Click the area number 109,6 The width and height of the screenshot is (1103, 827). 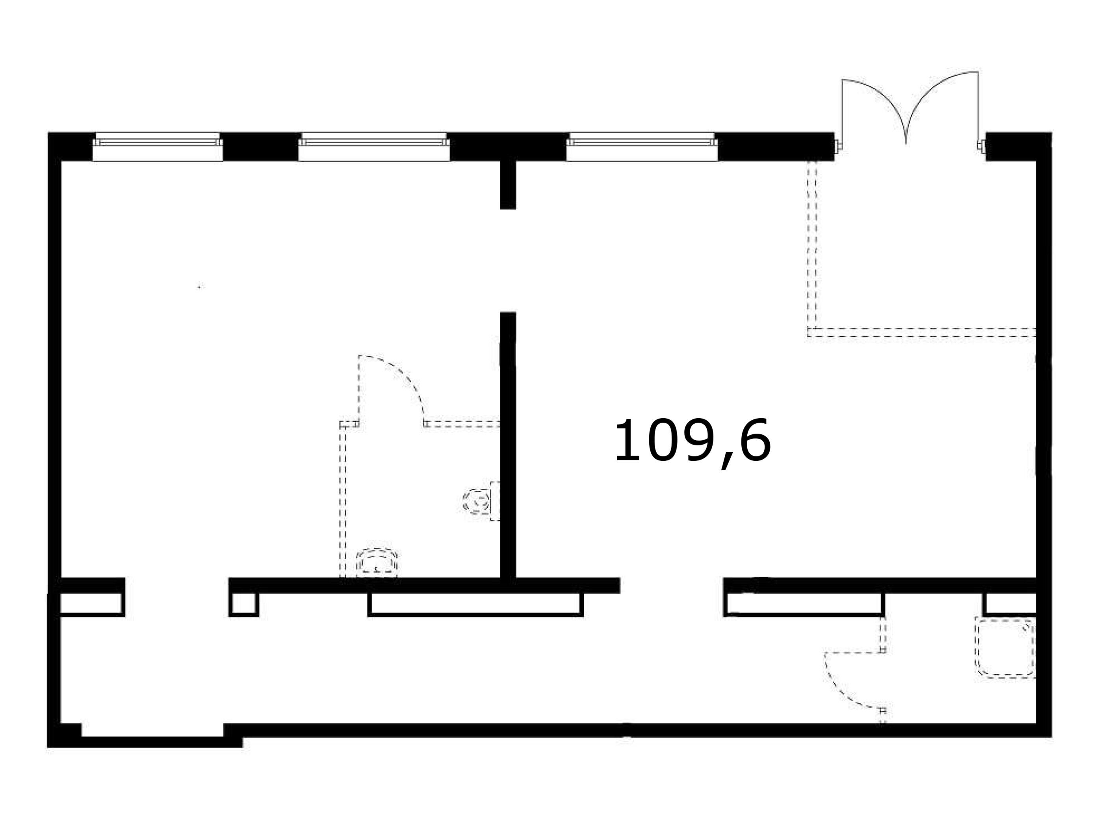click(692, 441)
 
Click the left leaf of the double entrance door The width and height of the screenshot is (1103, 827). click(868, 107)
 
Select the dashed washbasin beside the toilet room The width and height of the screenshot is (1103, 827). click(377, 563)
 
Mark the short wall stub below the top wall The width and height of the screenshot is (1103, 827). click(508, 184)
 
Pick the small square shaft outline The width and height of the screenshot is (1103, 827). click(244, 604)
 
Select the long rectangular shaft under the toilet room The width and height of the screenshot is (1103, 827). click(475, 604)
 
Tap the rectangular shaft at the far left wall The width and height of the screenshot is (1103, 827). click(91, 604)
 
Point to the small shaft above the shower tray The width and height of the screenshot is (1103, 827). click(1010, 604)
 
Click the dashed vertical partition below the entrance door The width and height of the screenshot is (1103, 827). click(812, 244)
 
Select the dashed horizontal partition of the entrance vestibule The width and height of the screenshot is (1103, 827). click(923, 332)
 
